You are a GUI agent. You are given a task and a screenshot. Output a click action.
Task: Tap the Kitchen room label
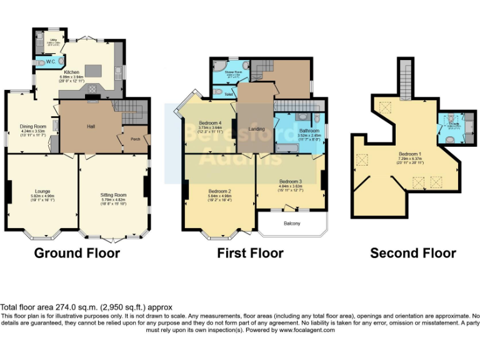tap(72, 72)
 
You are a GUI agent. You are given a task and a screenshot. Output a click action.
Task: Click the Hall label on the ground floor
tap(91, 127)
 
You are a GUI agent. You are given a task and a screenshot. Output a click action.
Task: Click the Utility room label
tap(54, 39)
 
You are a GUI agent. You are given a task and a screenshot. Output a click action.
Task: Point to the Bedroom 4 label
tap(210, 122)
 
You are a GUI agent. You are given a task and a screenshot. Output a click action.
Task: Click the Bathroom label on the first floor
tap(309, 130)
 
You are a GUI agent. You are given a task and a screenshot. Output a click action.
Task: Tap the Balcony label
tap(292, 223)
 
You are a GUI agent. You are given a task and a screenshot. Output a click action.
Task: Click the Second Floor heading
tap(412, 253)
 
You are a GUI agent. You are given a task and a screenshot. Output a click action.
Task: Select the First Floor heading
tap(250, 253)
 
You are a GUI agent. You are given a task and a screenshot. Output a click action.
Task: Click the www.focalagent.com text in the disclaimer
tap(306, 330)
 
